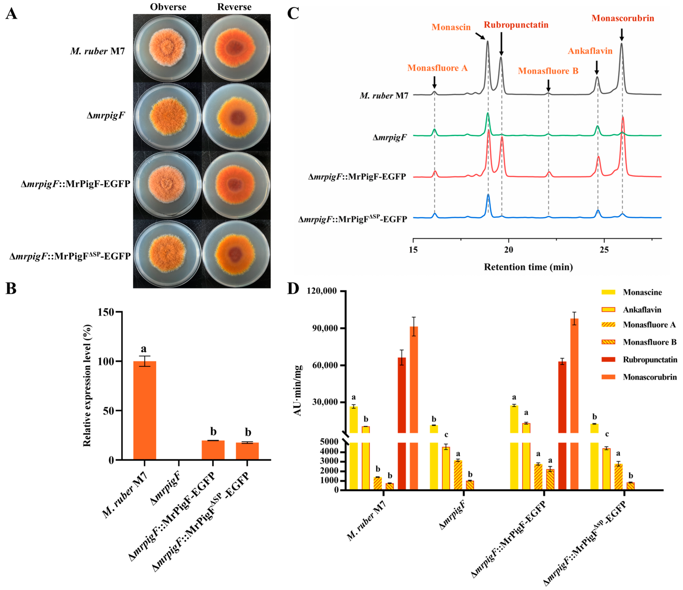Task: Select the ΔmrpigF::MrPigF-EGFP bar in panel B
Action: tap(213, 450)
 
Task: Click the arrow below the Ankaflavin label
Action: tap(597, 68)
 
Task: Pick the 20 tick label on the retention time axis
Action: tap(509, 250)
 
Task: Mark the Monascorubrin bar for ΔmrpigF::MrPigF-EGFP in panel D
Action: tap(574, 376)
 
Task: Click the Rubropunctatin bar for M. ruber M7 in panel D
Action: tap(402, 395)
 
